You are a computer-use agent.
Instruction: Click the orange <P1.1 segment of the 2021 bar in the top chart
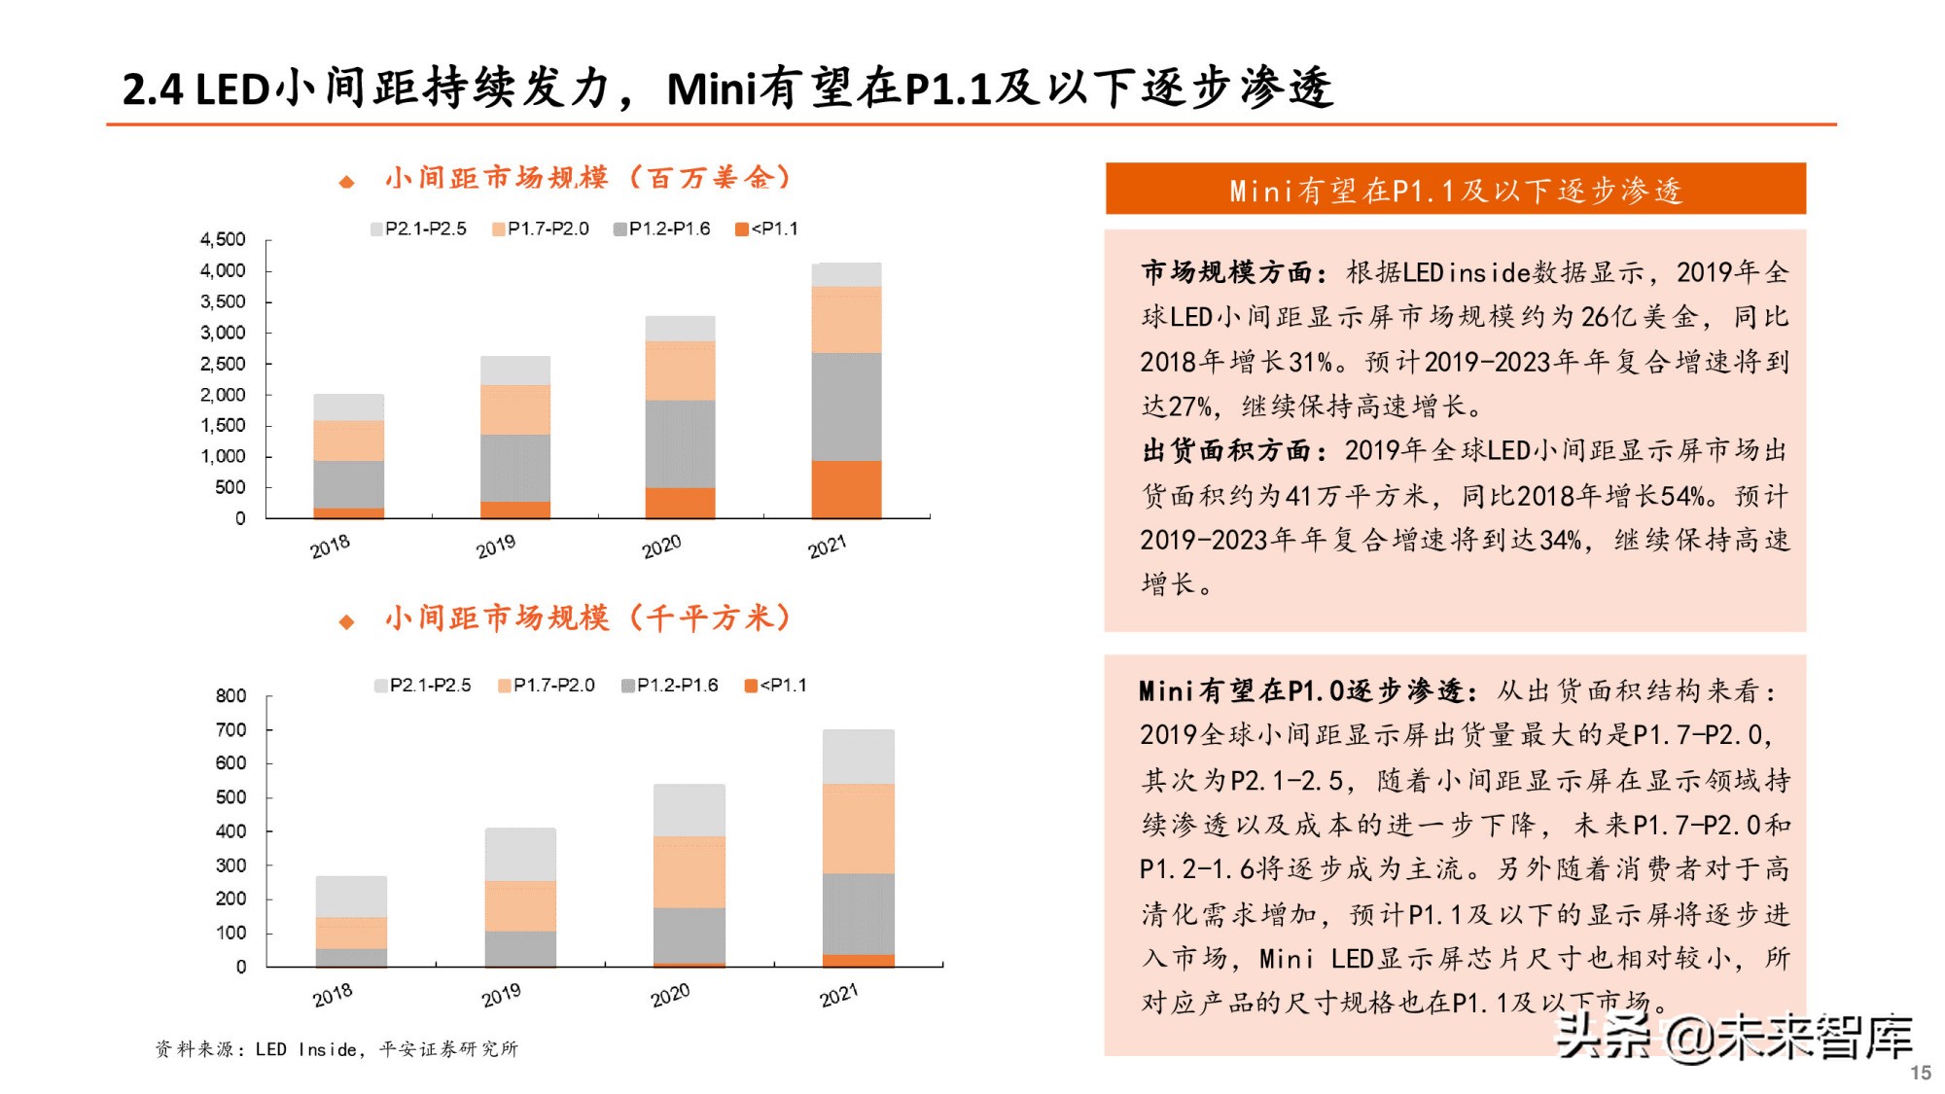click(x=846, y=489)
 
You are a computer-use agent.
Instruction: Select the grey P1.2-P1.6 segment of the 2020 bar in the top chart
click(x=680, y=443)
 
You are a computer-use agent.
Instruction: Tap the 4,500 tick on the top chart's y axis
click(x=223, y=239)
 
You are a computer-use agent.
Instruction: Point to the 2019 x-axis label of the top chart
click(x=496, y=547)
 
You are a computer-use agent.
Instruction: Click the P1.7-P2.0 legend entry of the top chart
click(x=541, y=229)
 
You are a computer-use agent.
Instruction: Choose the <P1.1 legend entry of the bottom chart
click(x=776, y=686)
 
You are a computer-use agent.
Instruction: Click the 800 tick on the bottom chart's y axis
click(x=230, y=695)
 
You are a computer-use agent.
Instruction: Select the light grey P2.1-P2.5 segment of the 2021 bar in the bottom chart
click(x=858, y=757)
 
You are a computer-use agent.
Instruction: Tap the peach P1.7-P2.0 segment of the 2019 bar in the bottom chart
click(x=520, y=905)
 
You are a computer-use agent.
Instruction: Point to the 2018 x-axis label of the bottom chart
click(x=333, y=995)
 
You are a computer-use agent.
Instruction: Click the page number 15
click(x=1920, y=1073)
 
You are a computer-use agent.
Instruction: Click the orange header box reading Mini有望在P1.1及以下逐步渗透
click(x=1455, y=190)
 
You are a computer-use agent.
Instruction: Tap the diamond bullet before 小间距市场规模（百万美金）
click(x=346, y=182)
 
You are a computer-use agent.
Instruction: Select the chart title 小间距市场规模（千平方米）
click(x=588, y=618)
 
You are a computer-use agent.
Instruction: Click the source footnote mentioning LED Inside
click(x=336, y=1048)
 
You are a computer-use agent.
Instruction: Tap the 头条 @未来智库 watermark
click(x=1733, y=1037)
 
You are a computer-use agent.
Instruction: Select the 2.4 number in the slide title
click(x=153, y=89)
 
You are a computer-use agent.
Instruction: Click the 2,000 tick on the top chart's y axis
click(x=223, y=395)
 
